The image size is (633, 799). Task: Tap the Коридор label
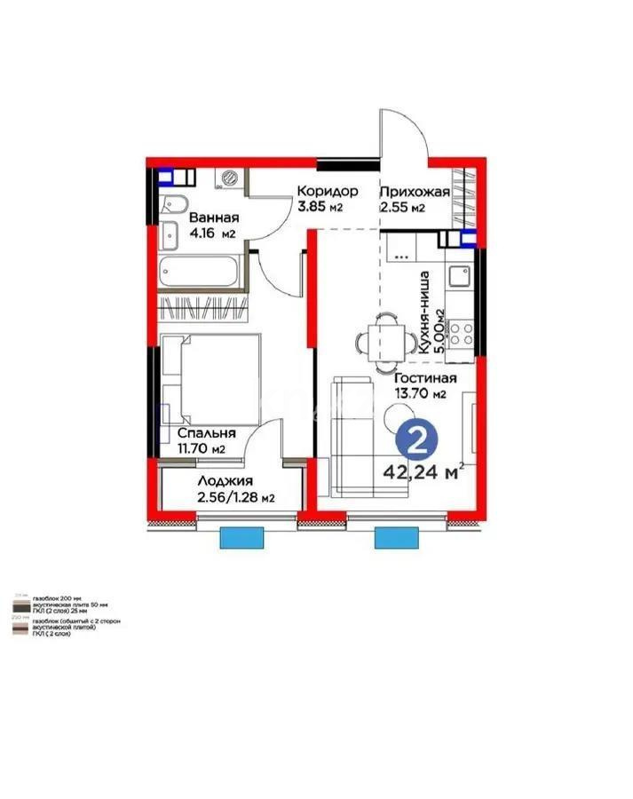pyautogui.click(x=327, y=192)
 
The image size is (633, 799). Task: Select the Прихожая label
pyautogui.click(x=415, y=192)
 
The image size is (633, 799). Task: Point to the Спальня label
pyautogui.click(x=206, y=433)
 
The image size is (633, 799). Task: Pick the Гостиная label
pyautogui.click(x=426, y=376)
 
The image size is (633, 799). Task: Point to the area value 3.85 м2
pyautogui.click(x=320, y=208)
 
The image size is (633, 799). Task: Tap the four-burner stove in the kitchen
pyautogui.click(x=461, y=334)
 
